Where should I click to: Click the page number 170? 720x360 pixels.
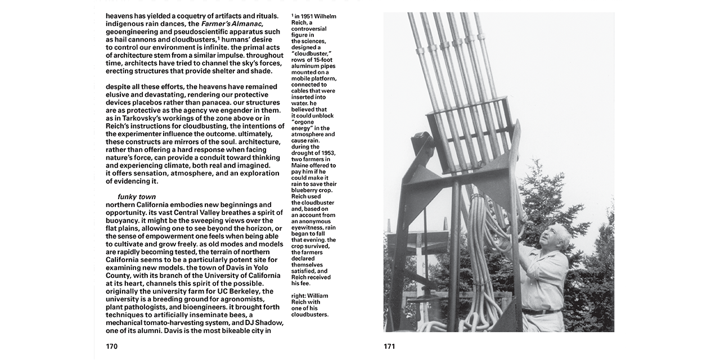tap(111, 346)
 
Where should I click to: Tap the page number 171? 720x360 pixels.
tap(389, 346)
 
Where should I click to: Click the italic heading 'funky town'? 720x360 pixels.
tap(137, 197)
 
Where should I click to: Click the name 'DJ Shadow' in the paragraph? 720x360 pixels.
tap(263, 323)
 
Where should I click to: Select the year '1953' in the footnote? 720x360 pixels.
tap(326, 153)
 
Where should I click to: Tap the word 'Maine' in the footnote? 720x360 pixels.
tap(300, 165)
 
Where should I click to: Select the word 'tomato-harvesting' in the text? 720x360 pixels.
tap(180, 323)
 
